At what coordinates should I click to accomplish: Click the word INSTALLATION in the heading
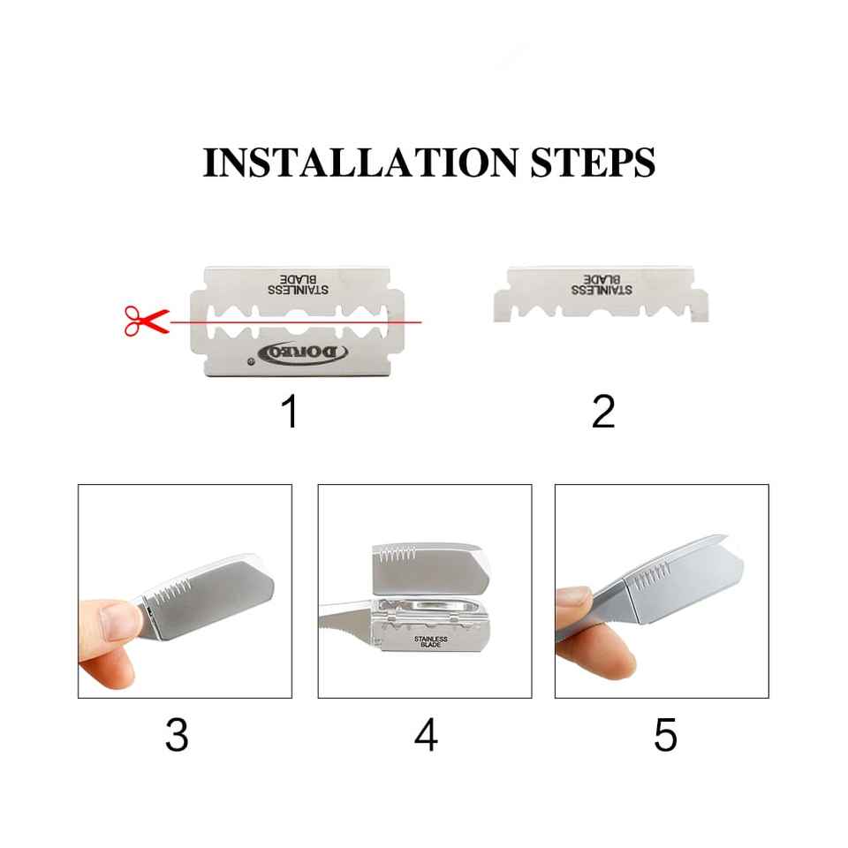click(x=360, y=163)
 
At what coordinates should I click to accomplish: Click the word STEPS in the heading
click(x=593, y=163)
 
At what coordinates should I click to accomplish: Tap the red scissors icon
click(x=147, y=322)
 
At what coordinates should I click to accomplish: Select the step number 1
click(x=291, y=411)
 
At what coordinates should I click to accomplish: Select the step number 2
click(x=603, y=411)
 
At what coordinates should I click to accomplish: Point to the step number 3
click(x=177, y=734)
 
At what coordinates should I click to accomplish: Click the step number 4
click(x=426, y=734)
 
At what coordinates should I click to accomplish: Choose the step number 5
click(x=665, y=734)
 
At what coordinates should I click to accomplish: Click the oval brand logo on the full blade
click(x=303, y=353)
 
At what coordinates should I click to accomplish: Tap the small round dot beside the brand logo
click(x=250, y=361)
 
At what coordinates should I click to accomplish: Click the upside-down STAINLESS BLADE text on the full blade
click(x=298, y=284)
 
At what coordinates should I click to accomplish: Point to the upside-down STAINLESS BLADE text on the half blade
click(x=602, y=284)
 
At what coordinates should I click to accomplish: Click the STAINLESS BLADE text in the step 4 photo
click(x=431, y=641)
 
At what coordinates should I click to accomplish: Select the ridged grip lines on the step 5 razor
click(x=652, y=578)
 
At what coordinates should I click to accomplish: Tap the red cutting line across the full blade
click(x=296, y=322)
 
